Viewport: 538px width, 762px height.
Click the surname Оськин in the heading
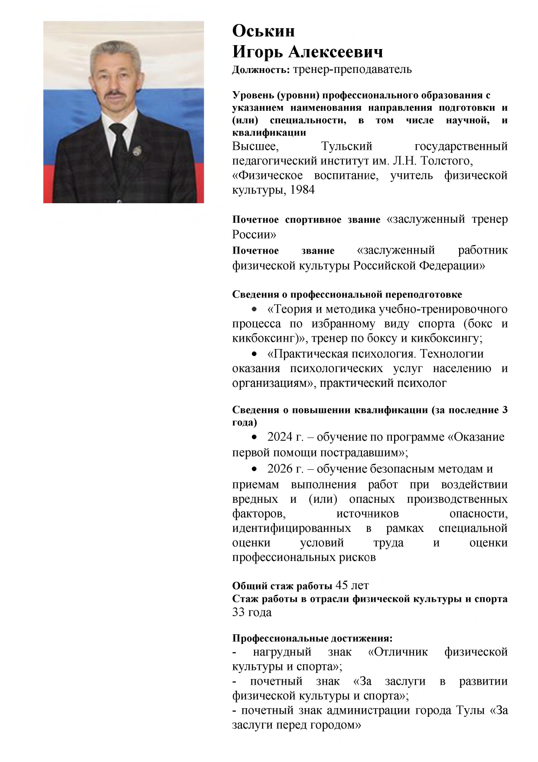pyautogui.click(x=264, y=31)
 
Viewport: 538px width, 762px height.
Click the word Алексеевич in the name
pyautogui.click(x=336, y=52)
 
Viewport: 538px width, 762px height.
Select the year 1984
pyautogui.click(x=302, y=190)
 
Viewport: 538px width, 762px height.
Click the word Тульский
pyautogui.click(x=347, y=146)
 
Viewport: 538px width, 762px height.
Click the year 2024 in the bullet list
pyautogui.click(x=280, y=437)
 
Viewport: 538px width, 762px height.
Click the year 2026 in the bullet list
pyautogui.click(x=280, y=469)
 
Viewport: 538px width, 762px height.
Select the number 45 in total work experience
pyautogui.click(x=342, y=585)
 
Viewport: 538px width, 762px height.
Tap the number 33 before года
pyautogui.click(x=238, y=612)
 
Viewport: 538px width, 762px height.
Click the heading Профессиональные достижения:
pyautogui.click(x=312, y=638)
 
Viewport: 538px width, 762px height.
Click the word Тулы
pyautogui.click(x=470, y=710)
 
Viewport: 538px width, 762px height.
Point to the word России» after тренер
pyautogui.click(x=254, y=234)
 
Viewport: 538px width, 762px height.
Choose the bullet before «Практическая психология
pyautogui.click(x=255, y=354)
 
